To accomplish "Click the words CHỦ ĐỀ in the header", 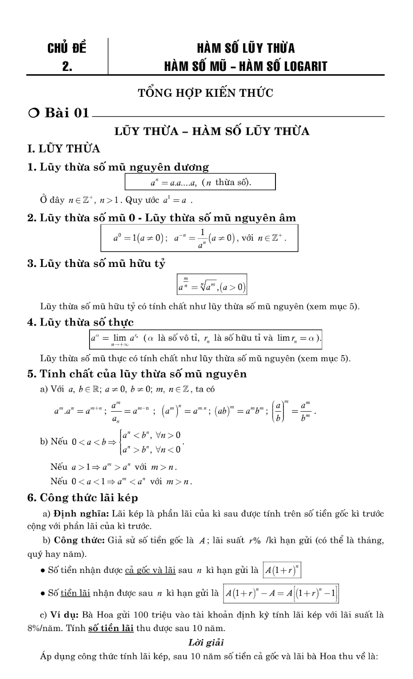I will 67,48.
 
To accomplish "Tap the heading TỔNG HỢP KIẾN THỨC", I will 205,93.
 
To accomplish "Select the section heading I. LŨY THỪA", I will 64,149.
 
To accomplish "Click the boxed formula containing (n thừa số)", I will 200,182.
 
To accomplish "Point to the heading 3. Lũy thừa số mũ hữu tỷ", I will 96,264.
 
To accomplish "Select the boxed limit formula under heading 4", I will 206,338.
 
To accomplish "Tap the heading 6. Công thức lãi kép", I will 83,498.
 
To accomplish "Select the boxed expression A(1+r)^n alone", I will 282,570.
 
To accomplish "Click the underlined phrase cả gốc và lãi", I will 150,570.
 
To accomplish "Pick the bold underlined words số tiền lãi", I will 111,628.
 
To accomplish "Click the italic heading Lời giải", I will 206,642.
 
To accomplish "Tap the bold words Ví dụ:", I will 64,614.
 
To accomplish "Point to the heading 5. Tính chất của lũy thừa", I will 137,374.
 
